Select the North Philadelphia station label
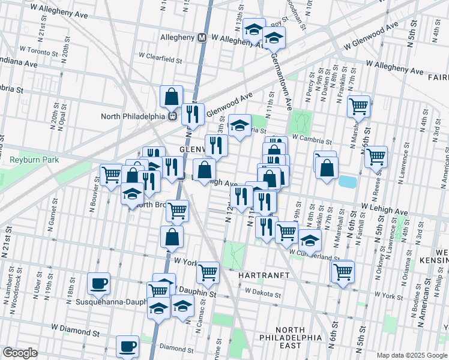click(137, 116)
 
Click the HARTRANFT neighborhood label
click(265, 275)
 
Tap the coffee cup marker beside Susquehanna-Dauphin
click(98, 283)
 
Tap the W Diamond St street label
click(75, 329)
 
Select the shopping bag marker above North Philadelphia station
click(172, 96)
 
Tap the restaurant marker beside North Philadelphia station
click(192, 113)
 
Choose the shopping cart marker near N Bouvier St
click(111, 175)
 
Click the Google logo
click(20, 353)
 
